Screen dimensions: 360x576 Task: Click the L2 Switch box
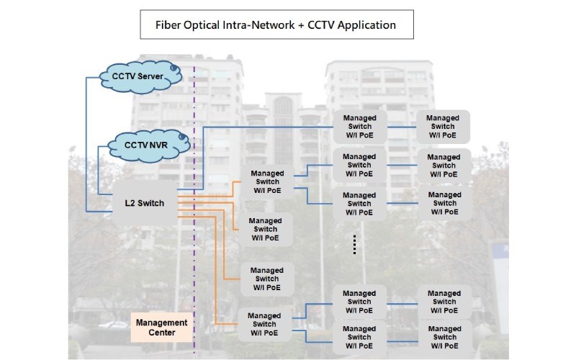[144, 203]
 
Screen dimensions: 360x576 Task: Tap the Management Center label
[162, 328]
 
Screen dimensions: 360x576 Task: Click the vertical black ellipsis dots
[354, 245]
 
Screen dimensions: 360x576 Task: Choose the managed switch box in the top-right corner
[442, 126]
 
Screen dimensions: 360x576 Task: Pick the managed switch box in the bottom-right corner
[444, 337]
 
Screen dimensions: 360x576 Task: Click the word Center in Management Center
[162, 333]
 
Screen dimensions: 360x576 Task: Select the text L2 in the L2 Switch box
[130, 203]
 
